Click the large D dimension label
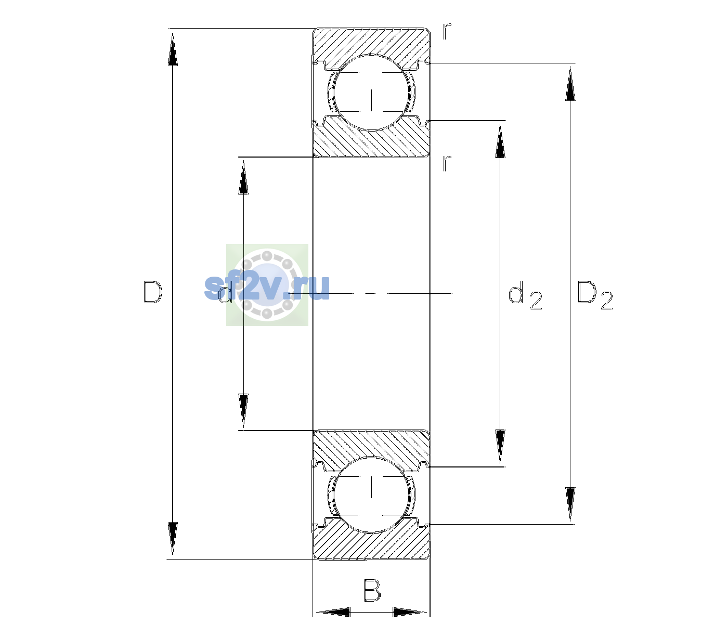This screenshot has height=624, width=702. [x=153, y=292]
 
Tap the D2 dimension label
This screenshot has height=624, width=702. [x=595, y=295]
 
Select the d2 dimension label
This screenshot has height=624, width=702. [x=525, y=295]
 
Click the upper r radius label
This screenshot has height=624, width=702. [x=447, y=31]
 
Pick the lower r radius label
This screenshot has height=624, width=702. [x=447, y=163]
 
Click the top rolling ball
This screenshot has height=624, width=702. [x=371, y=92]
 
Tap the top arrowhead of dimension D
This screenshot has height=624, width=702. [x=173, y=49]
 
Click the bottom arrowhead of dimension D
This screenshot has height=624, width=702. [x=173, y=538]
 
